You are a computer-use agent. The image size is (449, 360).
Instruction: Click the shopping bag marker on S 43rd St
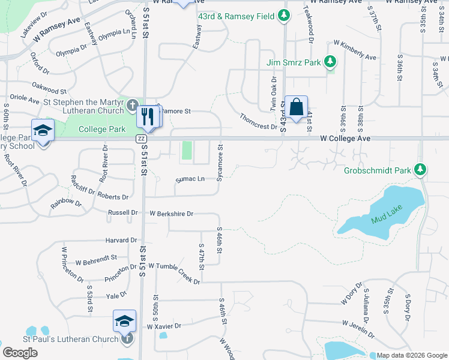(296, 108)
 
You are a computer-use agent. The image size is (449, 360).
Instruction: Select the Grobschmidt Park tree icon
(421, 170)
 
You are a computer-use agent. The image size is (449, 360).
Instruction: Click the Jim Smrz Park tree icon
(329, 61)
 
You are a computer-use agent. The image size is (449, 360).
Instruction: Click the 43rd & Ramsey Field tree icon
(285, 16)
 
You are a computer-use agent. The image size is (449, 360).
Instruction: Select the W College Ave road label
(345, 139)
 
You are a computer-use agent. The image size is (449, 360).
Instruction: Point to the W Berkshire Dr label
(171, 214)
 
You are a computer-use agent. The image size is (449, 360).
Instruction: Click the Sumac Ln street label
(190, 179)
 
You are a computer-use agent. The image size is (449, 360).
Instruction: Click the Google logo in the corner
(20, 353)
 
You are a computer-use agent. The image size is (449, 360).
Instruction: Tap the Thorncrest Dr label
(258, 122)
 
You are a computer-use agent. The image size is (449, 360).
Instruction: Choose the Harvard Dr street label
(121, 240)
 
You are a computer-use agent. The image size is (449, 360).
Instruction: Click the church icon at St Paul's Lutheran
(127, 339)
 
